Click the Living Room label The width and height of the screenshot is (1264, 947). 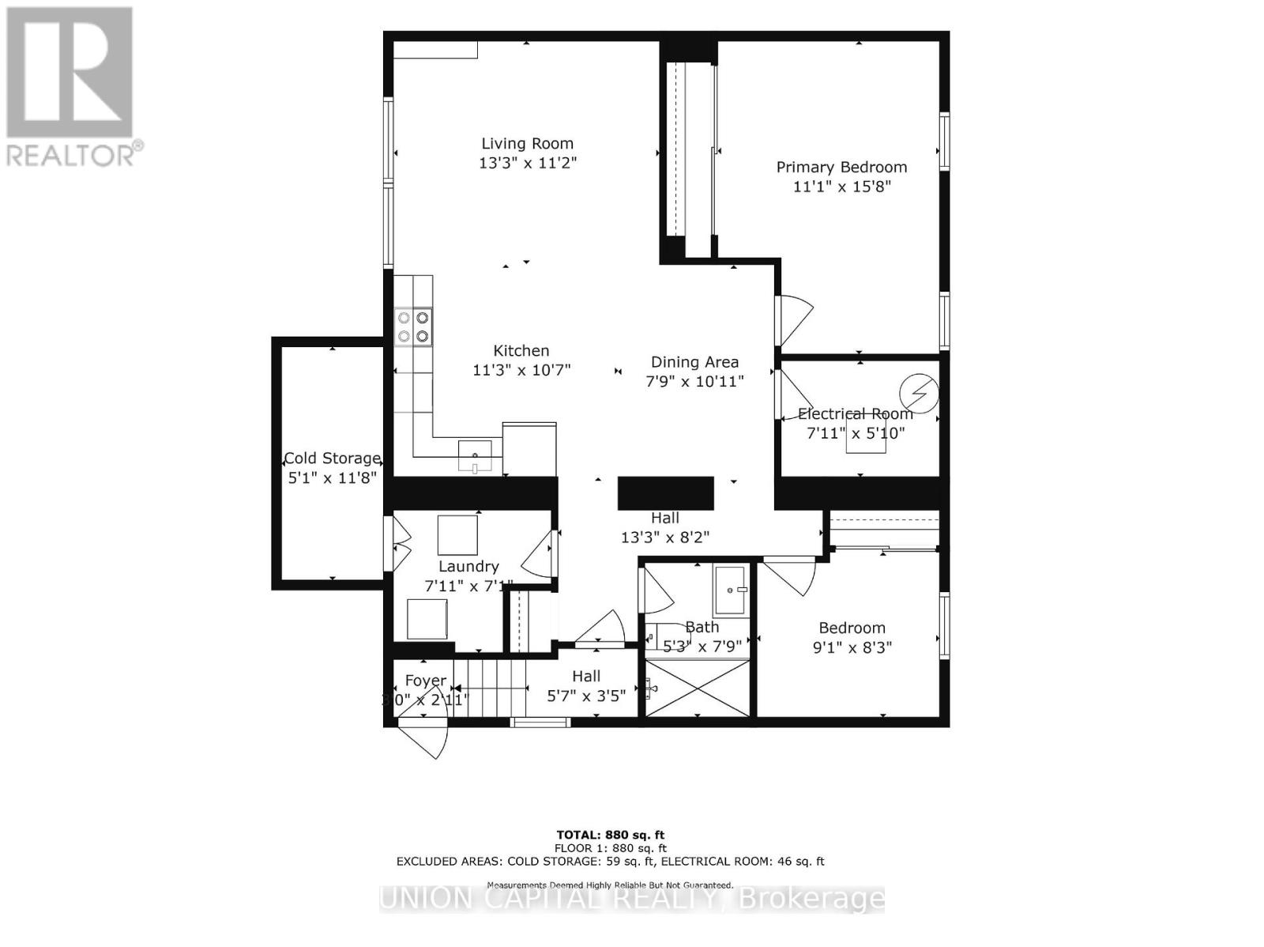(x=527, y=143)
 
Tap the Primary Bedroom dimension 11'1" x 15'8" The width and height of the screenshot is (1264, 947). (x=841, y=187)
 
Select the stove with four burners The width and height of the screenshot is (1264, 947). (x=414, y=326)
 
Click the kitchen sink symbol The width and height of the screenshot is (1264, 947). (x=475, y=456)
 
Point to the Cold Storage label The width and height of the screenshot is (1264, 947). (x=332, y=458)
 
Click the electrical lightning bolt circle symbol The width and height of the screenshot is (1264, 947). (x=920, y=392)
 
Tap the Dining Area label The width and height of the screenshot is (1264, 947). (x=694, y=362)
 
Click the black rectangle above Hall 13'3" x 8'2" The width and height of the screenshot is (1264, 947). (x=665, y=492)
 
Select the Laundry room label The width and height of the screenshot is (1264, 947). (x=468, y=566)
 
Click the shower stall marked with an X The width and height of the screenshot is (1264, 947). (x=698, y=689)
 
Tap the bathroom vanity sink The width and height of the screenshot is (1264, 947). (x=731, y=590)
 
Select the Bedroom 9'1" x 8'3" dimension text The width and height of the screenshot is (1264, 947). (x=852, y=647)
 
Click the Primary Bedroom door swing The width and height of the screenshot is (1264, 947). (x=794, y=320)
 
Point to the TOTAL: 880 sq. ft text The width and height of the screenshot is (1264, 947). (x=611, y=835)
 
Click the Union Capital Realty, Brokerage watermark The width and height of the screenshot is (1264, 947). (x=632, y=899)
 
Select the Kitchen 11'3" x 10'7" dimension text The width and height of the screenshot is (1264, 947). (x=521, y=370)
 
